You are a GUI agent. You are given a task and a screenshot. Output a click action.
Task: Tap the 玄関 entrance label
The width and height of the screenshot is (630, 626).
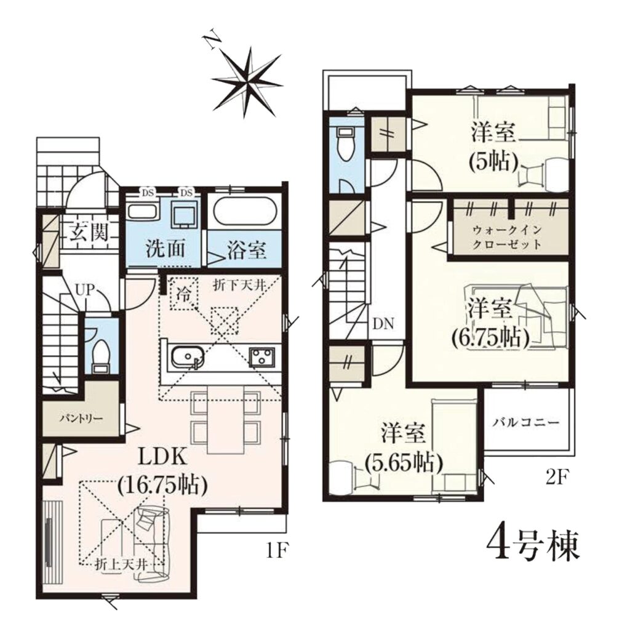tap(89, 232)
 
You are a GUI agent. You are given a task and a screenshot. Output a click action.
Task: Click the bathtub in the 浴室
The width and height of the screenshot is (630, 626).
tap(244, 211)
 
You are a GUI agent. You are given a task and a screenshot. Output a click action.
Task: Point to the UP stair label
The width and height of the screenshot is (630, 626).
tap(84, 289)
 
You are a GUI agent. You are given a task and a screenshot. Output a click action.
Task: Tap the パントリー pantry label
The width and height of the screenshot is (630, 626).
tap(82, 419)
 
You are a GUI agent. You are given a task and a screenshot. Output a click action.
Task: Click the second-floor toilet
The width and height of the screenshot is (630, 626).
tap(345, 145)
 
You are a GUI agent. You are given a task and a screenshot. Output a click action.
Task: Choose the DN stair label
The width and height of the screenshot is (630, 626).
tap(385, 324)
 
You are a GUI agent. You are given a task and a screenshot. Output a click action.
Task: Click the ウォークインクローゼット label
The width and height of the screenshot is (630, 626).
tap(508, 237)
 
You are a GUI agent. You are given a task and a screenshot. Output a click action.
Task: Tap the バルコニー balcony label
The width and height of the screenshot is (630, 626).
tap(526, 422)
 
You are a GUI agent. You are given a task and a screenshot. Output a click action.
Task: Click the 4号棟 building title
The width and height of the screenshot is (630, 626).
tap(533, 545)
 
